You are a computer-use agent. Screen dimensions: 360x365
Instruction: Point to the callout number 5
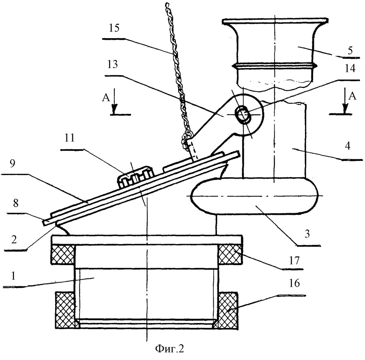pyautogui.click(x=350, y=51)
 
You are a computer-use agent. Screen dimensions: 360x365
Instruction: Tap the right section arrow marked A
pyautogui.click(x=345, y=104)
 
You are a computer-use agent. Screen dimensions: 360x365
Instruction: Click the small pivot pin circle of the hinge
pyautogui.click(x=244, y=115)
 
